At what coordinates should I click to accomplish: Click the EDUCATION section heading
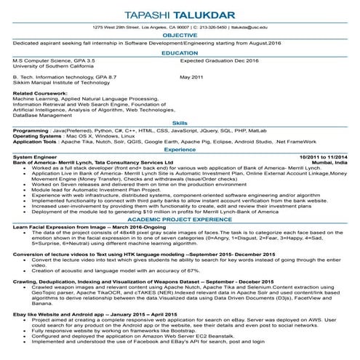180,53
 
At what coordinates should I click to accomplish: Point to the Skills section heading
180,124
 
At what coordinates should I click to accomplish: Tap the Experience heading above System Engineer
180,149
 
